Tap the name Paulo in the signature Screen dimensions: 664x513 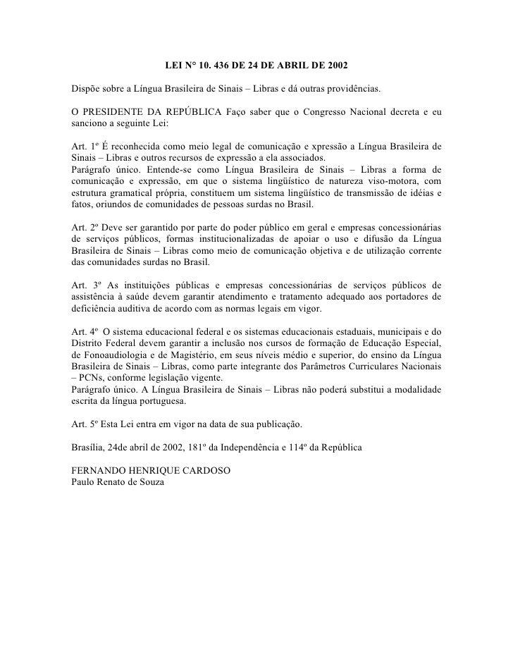tap(86, 481)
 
